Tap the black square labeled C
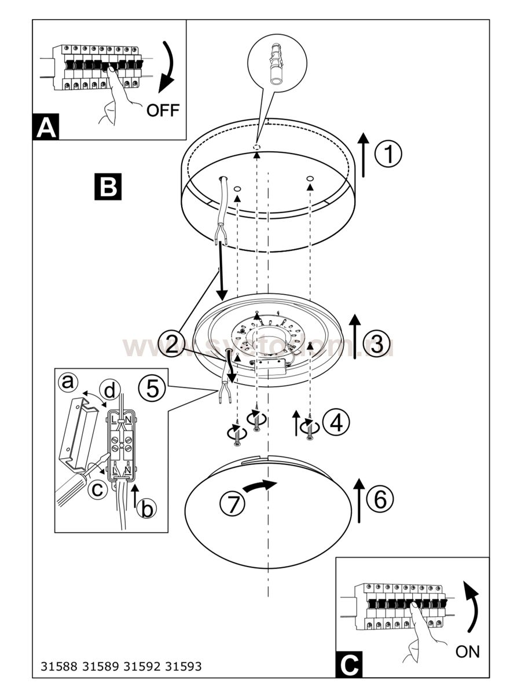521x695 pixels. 349,664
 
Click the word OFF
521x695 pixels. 163,110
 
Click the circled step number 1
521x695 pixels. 388,155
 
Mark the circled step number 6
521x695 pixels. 380,499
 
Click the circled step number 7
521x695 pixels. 233,504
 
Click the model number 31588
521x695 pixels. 59,666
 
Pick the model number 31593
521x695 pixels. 184,666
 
